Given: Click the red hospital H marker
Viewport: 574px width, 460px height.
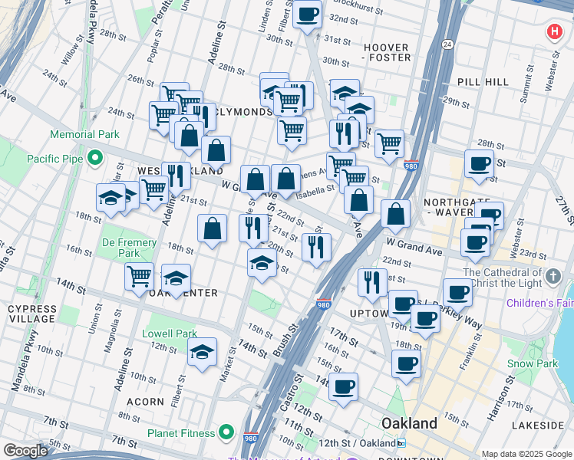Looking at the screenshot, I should click(x=554, y=32).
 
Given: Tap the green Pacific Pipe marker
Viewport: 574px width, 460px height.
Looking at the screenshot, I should click(x=95, y=159).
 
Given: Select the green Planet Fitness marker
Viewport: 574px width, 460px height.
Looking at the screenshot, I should click(x=226, y=432).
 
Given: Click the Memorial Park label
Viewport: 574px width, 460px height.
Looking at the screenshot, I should click(x=84, y=134).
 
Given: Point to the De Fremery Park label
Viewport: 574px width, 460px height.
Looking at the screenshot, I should click(x=128, y=248).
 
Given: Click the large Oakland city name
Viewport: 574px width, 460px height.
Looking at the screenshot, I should click(x=410, y=423).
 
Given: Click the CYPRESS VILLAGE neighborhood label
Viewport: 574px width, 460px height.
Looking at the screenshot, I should click(x=31, y=314).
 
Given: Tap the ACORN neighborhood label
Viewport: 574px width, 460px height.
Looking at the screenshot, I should click(x=145, y=401).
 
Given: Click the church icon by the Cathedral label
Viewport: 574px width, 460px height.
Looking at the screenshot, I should click(x=554, y=274).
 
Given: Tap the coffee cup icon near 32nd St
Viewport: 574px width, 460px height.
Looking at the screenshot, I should click(x=307, y=14).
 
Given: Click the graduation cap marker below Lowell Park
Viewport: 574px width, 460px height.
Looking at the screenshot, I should click(x=202, y=353).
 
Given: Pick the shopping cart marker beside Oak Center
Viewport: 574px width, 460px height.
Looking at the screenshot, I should click(x=140, y=275).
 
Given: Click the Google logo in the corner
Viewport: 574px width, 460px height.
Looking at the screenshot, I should click(x=25, y=451).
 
